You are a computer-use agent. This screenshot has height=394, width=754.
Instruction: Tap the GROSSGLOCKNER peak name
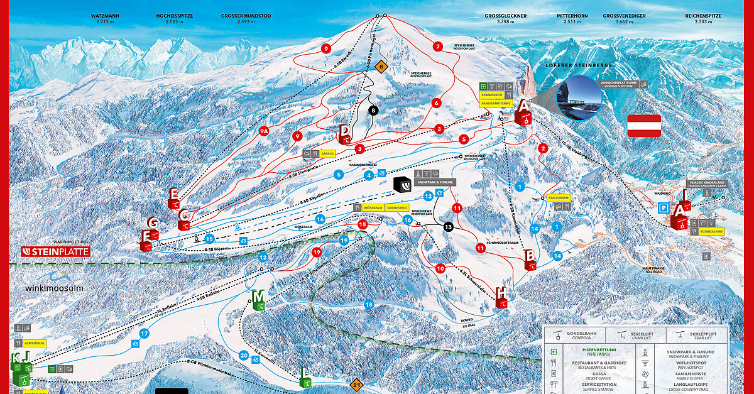click(505, 15)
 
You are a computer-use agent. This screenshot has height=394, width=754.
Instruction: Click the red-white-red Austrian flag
click(644, 126)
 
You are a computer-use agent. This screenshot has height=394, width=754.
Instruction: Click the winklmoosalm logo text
click(54, 288)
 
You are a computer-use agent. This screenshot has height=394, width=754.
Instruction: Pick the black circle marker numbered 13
click(448, 227)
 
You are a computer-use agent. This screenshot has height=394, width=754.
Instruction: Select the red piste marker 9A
click(265, 131)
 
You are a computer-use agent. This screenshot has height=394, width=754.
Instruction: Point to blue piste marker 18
click(369, 305)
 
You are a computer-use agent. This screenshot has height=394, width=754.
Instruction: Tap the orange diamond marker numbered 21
click(357, 385)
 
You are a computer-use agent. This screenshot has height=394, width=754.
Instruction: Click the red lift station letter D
click(344, 131)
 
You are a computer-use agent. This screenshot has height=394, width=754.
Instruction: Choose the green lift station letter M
click(258, 296)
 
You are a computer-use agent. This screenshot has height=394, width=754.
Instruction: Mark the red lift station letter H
click(501, 293)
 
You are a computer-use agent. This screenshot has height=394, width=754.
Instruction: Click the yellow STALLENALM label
click(558, 197)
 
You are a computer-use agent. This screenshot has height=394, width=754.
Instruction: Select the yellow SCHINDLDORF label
click(711, 231)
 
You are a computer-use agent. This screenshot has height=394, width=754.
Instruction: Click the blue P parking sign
click(663, 208)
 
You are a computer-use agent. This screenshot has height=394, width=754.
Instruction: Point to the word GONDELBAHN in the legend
click(580, 333)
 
